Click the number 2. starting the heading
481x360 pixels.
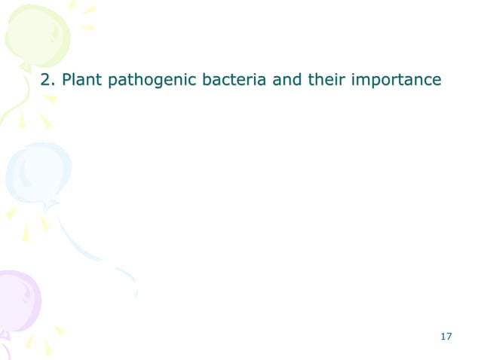(x=47, y=79)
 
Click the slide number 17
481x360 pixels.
(x=445, y=336)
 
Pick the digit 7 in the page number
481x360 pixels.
(x=449, y=336)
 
